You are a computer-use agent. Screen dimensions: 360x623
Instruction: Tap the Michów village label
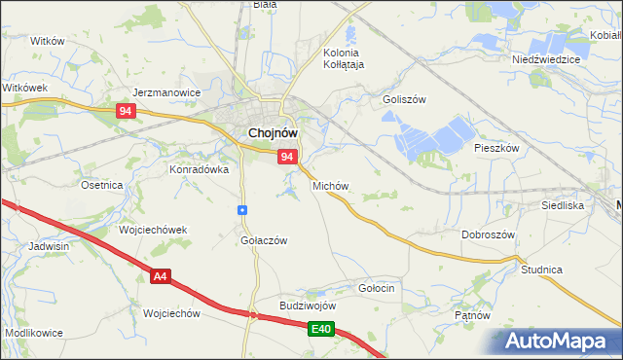point(330,185)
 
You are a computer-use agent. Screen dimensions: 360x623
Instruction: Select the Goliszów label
point(405,99)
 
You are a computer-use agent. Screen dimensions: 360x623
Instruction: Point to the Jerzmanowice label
point(166,93)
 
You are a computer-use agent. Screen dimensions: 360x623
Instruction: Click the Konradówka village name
point(200,168)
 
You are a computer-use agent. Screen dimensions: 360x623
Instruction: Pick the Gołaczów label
point(264,241)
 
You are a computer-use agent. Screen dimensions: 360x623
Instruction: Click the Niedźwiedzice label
point(546,58)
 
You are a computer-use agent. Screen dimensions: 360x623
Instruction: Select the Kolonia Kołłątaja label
point(342,58)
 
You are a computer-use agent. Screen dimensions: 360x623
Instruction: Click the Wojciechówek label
point(152,230)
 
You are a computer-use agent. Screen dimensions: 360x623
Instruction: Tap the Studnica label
point(542,269)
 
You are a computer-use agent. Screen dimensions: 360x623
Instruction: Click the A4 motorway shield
point(162,277)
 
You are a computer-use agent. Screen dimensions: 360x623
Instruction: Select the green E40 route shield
point(323,331)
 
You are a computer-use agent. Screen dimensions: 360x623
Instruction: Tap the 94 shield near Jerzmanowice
point(124,111)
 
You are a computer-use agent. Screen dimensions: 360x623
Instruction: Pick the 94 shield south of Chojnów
point(287,156)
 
